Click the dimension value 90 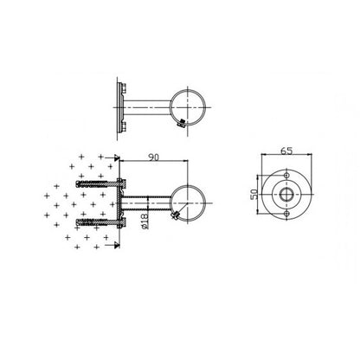[x=153, y=157]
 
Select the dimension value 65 [x=286, y=151]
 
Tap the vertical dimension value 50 [x=254, y=195]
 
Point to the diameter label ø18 [x=145, y=221]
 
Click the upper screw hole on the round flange [x=286, y=176]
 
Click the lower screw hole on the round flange [x=286, y=214]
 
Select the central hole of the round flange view [x=286, y=195]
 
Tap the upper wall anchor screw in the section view [x=97, y=183]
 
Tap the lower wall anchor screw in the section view [x=97, y=222]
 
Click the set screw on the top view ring [x=182, y=124]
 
